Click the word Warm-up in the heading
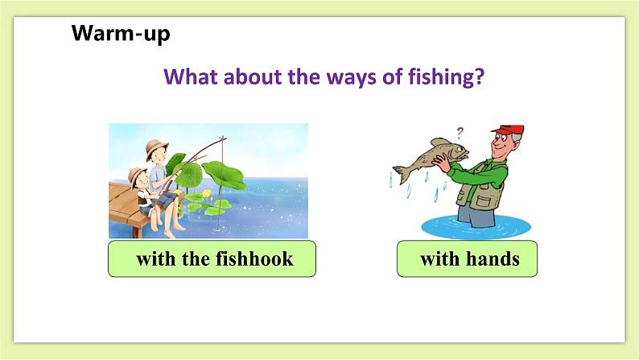[x=121, y=34]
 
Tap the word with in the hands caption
[x=438, y=259]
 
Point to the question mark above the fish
[x=460, y=132]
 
